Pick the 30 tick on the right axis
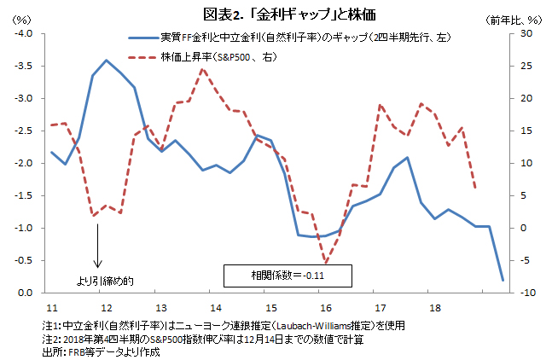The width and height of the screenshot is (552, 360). pos(526,33)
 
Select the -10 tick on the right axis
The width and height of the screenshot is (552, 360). pos(528,293)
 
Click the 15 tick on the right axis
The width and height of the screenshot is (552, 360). pos(526,131)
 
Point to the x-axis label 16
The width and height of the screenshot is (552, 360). pos(324,306)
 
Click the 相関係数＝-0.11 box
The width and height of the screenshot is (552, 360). pos(288,276)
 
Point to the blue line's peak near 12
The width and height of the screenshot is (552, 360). pos(105,60)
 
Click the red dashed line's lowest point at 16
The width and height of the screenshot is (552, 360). pos(324,262)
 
